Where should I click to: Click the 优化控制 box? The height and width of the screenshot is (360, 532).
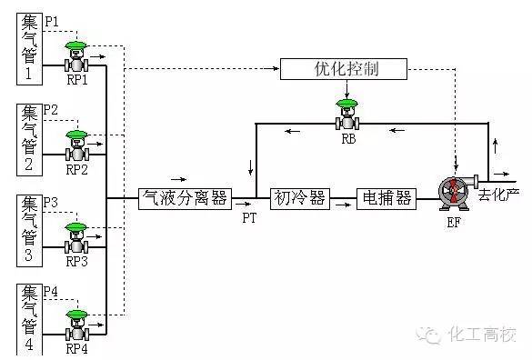click(x=344, y=69)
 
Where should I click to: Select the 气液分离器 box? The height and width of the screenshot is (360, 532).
click(x=186, y=198)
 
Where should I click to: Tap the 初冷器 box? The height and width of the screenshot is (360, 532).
click(x=298, y=198)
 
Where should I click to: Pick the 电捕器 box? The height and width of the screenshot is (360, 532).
click(x=386, y=198)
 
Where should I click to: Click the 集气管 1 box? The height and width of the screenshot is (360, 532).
click(x=30, y=47)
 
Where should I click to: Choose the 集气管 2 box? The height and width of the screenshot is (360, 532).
click(x=30, y=137)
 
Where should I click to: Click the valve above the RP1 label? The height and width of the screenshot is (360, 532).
click(x=77, y=57)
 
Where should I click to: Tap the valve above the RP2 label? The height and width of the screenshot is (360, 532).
click(x=77, y=145)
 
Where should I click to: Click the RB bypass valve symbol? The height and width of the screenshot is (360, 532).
click(x=346, y=115)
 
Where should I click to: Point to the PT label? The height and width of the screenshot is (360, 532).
click(x=249, y=218)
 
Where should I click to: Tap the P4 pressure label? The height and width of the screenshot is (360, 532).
click(x=52, y=291)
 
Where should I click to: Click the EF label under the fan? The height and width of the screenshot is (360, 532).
click(x=454, y=221)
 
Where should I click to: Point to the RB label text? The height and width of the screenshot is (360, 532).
click(x=348, y=140)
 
